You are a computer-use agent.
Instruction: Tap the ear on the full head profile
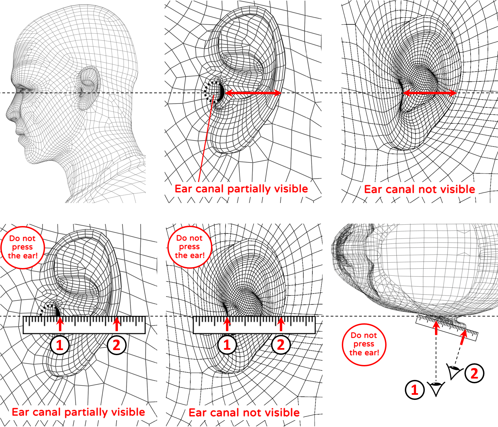88,88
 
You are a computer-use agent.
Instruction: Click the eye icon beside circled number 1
436,388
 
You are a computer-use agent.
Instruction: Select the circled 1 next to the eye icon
415,390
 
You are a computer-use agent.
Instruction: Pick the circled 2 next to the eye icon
474,373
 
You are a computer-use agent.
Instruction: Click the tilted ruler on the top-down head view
447,328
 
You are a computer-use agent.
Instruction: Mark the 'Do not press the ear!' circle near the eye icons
364,345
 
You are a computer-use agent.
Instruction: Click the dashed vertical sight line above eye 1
436,358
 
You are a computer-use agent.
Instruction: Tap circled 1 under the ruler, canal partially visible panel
60,345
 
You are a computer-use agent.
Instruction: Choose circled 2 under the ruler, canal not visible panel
281,345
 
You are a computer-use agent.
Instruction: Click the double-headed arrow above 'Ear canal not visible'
430,93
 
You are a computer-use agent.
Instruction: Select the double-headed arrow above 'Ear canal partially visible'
253,93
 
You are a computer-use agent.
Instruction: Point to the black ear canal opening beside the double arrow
222,92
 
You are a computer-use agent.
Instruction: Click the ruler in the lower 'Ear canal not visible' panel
254,325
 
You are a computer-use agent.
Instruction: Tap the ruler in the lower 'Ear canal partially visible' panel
84,325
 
